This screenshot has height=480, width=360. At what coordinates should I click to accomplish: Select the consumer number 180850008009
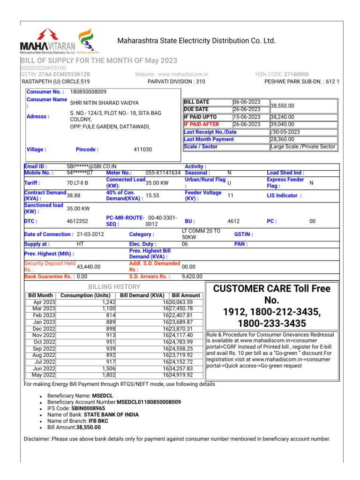pyautogui.click(x=88, y=92)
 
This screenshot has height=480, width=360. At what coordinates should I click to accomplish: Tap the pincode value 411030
pyautogui.click(x=142, y=150)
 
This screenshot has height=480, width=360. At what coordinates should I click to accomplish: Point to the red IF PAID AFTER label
pyautogui.click(x=202, y=124)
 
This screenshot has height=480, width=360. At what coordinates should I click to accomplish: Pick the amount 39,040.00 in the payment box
pyautogui.click(x=283, y=124)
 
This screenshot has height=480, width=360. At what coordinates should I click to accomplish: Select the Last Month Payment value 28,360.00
pyautogui.click(x=282, y=139)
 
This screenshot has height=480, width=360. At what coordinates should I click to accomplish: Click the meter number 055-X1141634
pyautogui.click(x=163, y=172)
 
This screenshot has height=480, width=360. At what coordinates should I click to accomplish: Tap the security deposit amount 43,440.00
pyautogui.click(x=89, y=266)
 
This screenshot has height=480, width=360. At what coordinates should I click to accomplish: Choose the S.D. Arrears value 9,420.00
pyautogui.click(x=192, y=277)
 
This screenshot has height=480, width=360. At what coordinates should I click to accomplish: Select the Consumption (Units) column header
pyautogui.click(x=85, y=296)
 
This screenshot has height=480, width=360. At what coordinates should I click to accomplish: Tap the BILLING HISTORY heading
pyautogui.click(x=114, y=286)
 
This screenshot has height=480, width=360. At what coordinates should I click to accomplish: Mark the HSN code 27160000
pyautogui.click(x=295, y=75)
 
